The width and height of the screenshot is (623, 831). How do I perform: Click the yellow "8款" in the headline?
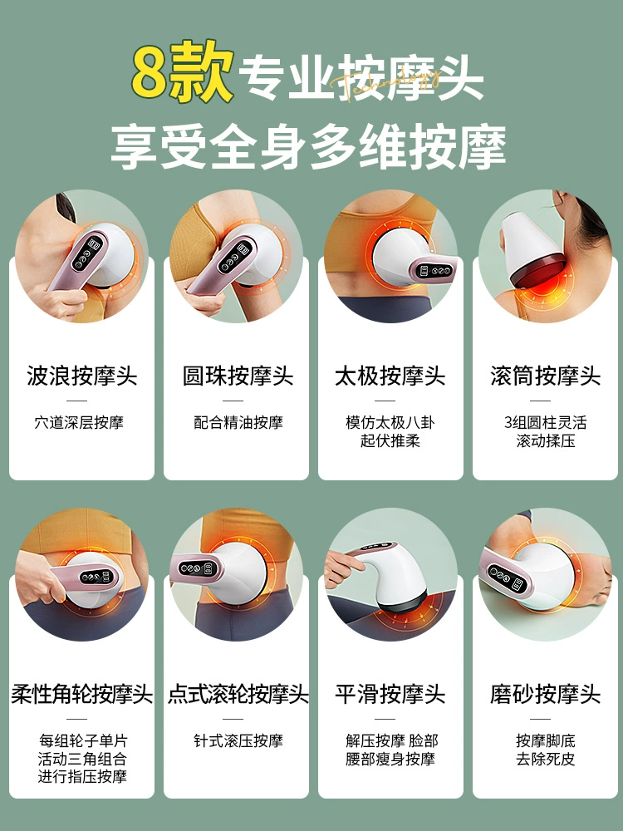[183, 72]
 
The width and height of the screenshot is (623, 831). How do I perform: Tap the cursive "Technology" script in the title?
[386, 84]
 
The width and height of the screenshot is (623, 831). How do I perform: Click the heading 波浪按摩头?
[82, 376]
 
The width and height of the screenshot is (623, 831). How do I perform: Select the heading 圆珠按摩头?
[238, 376]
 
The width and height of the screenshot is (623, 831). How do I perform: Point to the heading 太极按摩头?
[390, 376]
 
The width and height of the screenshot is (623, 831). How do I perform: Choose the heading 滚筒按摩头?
[546, 376]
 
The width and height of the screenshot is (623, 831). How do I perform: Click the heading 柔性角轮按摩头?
[82, 694]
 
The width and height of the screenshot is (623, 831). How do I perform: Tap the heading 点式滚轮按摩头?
[238, 694]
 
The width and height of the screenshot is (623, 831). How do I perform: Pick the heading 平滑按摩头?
[390, 694]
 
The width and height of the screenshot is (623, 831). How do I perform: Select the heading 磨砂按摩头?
[546, 694]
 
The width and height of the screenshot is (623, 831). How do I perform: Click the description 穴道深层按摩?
[80, 422]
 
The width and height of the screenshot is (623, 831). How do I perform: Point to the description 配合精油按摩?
[238, 422]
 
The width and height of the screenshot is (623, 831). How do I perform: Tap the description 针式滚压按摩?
[238, 740]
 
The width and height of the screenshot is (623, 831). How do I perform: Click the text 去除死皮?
[546, 759]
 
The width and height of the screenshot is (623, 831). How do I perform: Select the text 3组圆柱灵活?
[546, 422]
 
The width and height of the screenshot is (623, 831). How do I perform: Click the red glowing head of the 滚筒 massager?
[537, 271]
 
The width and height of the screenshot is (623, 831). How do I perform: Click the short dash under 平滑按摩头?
[385, 719]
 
